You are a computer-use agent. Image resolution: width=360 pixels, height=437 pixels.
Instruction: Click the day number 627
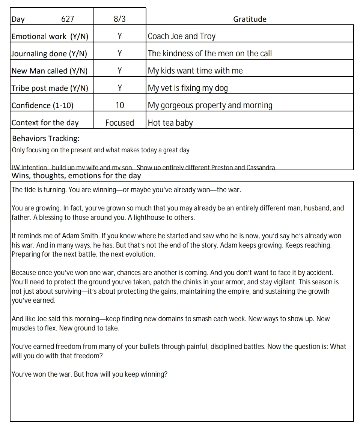[x=68, y=19]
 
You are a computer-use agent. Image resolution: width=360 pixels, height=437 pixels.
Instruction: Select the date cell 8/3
[x=119, y=19]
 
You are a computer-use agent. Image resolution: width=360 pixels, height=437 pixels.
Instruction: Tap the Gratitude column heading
[x=250, y=19]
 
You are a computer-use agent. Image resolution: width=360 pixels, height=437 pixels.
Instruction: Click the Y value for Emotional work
[x=119, y=36]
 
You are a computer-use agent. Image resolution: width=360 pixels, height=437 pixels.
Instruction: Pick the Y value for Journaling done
[x=119, y=54]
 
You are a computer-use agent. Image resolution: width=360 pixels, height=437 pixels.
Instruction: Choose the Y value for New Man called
[x=119, y=71]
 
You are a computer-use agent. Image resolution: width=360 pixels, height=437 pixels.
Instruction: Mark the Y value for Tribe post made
[x=119, y=88]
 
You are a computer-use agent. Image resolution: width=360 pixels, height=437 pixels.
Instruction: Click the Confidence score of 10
[x=119, y=105]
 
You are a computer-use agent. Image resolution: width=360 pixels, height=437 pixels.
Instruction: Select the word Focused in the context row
[x=119, y=123]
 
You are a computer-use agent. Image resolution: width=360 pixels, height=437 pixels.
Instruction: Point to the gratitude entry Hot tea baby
[x=170, y=123]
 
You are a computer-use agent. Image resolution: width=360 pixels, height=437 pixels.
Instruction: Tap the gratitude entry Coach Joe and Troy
[x=182, y=36]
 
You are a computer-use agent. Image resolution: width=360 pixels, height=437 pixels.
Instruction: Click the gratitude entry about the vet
[x=188, y=88]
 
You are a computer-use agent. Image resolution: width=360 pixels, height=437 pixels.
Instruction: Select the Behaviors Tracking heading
[x=46, y=138]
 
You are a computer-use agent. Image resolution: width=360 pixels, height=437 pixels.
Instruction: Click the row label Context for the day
[x=45, y=123]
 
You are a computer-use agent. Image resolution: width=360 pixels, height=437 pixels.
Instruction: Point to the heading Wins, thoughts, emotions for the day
[x=76, y=176]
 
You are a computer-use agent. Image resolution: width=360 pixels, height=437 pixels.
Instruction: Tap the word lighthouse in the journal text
[x=150, y=217]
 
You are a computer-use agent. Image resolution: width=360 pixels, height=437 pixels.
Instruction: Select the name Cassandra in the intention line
[x=261, y=167]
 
